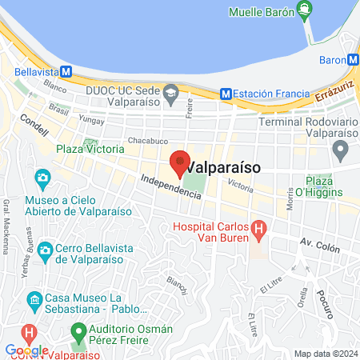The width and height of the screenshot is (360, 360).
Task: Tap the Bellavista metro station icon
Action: (x=66, y=70)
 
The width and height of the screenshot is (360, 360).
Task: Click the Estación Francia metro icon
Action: (x=226, y=94)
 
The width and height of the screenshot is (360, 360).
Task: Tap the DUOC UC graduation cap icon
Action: (x=171, y=93)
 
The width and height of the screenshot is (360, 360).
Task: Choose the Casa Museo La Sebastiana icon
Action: (x=34, y=302)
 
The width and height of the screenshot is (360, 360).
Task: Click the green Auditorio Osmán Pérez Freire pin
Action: (x=78, y=330)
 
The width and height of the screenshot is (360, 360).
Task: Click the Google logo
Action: (x=27, y=350)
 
